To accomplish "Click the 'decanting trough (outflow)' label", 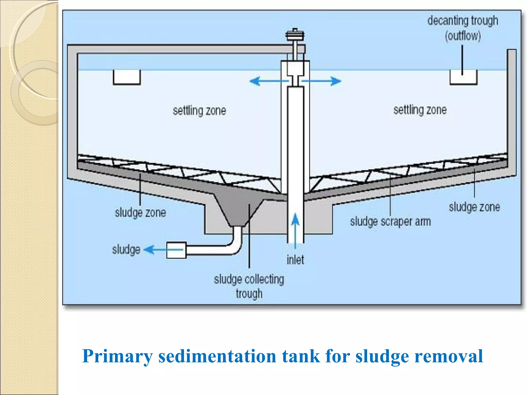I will coord(463,28).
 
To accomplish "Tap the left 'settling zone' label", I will coord(199,111).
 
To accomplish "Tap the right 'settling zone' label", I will coord(420,110).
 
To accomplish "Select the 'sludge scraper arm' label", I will coord(390,222).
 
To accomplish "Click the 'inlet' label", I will coord(295,260).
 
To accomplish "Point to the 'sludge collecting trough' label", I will coord(249,286).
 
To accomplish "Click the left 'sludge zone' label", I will coord(140,213).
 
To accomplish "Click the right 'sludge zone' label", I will coord(475,207).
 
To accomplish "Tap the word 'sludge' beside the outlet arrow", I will coord(126,250).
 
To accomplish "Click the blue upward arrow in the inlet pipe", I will coord(295,226).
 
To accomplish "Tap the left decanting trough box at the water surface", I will coord(127,77).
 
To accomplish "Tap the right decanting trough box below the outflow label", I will coord(463,77).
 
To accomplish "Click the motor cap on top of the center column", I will coord(295,35).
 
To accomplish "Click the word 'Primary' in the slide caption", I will coord(117,357).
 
